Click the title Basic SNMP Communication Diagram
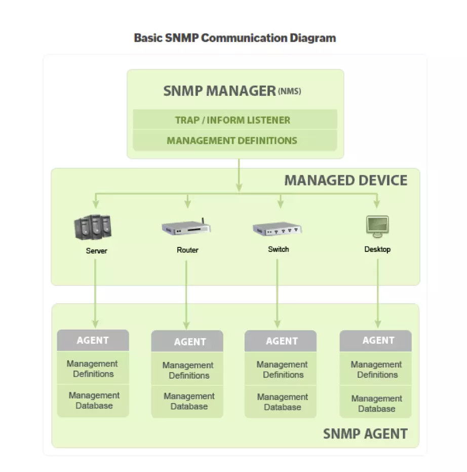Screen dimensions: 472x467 click(235, 38)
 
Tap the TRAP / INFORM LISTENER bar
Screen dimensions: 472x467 click(232, 120)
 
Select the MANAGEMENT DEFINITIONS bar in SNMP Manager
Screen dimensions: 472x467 click(232, 140)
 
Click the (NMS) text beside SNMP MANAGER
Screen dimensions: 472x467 click(289, 92)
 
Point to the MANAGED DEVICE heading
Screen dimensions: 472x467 click(345, 180)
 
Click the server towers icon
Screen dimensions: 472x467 click(92, 227)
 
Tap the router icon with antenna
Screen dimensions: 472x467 click(185, 228)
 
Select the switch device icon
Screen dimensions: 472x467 click(277, 229)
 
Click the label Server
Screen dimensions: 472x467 click(96, 250)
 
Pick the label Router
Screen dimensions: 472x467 click(187, 250)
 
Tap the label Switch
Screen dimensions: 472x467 click(279, 249)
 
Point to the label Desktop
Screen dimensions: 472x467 click(377, 249)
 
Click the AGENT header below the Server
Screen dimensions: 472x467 click(93, 340)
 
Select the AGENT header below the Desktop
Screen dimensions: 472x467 click(378, 341)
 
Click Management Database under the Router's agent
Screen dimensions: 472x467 click(189, 401)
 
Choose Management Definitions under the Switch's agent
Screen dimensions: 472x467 click(283, 370)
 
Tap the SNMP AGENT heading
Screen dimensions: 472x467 click(365, 434)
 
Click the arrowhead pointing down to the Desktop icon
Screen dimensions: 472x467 click(376, 204)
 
